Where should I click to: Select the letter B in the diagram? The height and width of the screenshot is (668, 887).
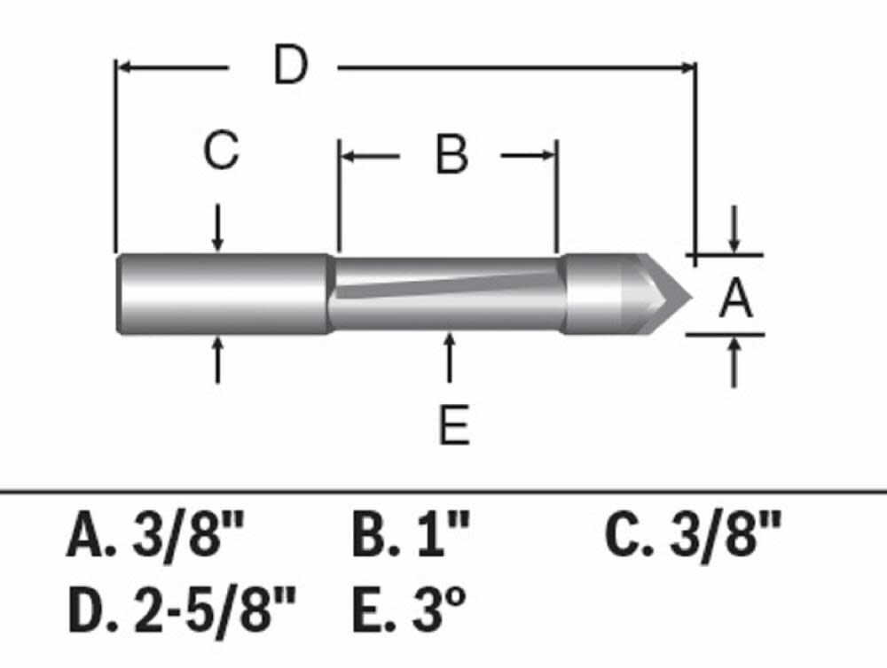pyautogui.click(x=451, y=156)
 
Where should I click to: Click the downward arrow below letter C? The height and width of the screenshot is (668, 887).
pyautogui.click(x=218, y=229)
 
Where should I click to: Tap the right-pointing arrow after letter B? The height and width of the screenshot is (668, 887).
pyautogui.click(x=528, y=156)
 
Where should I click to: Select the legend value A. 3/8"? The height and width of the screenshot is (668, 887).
pyautogui.click(x=154, y=537)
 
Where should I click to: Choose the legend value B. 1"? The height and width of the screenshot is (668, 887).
pyautogui.click(x=411, y=537)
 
